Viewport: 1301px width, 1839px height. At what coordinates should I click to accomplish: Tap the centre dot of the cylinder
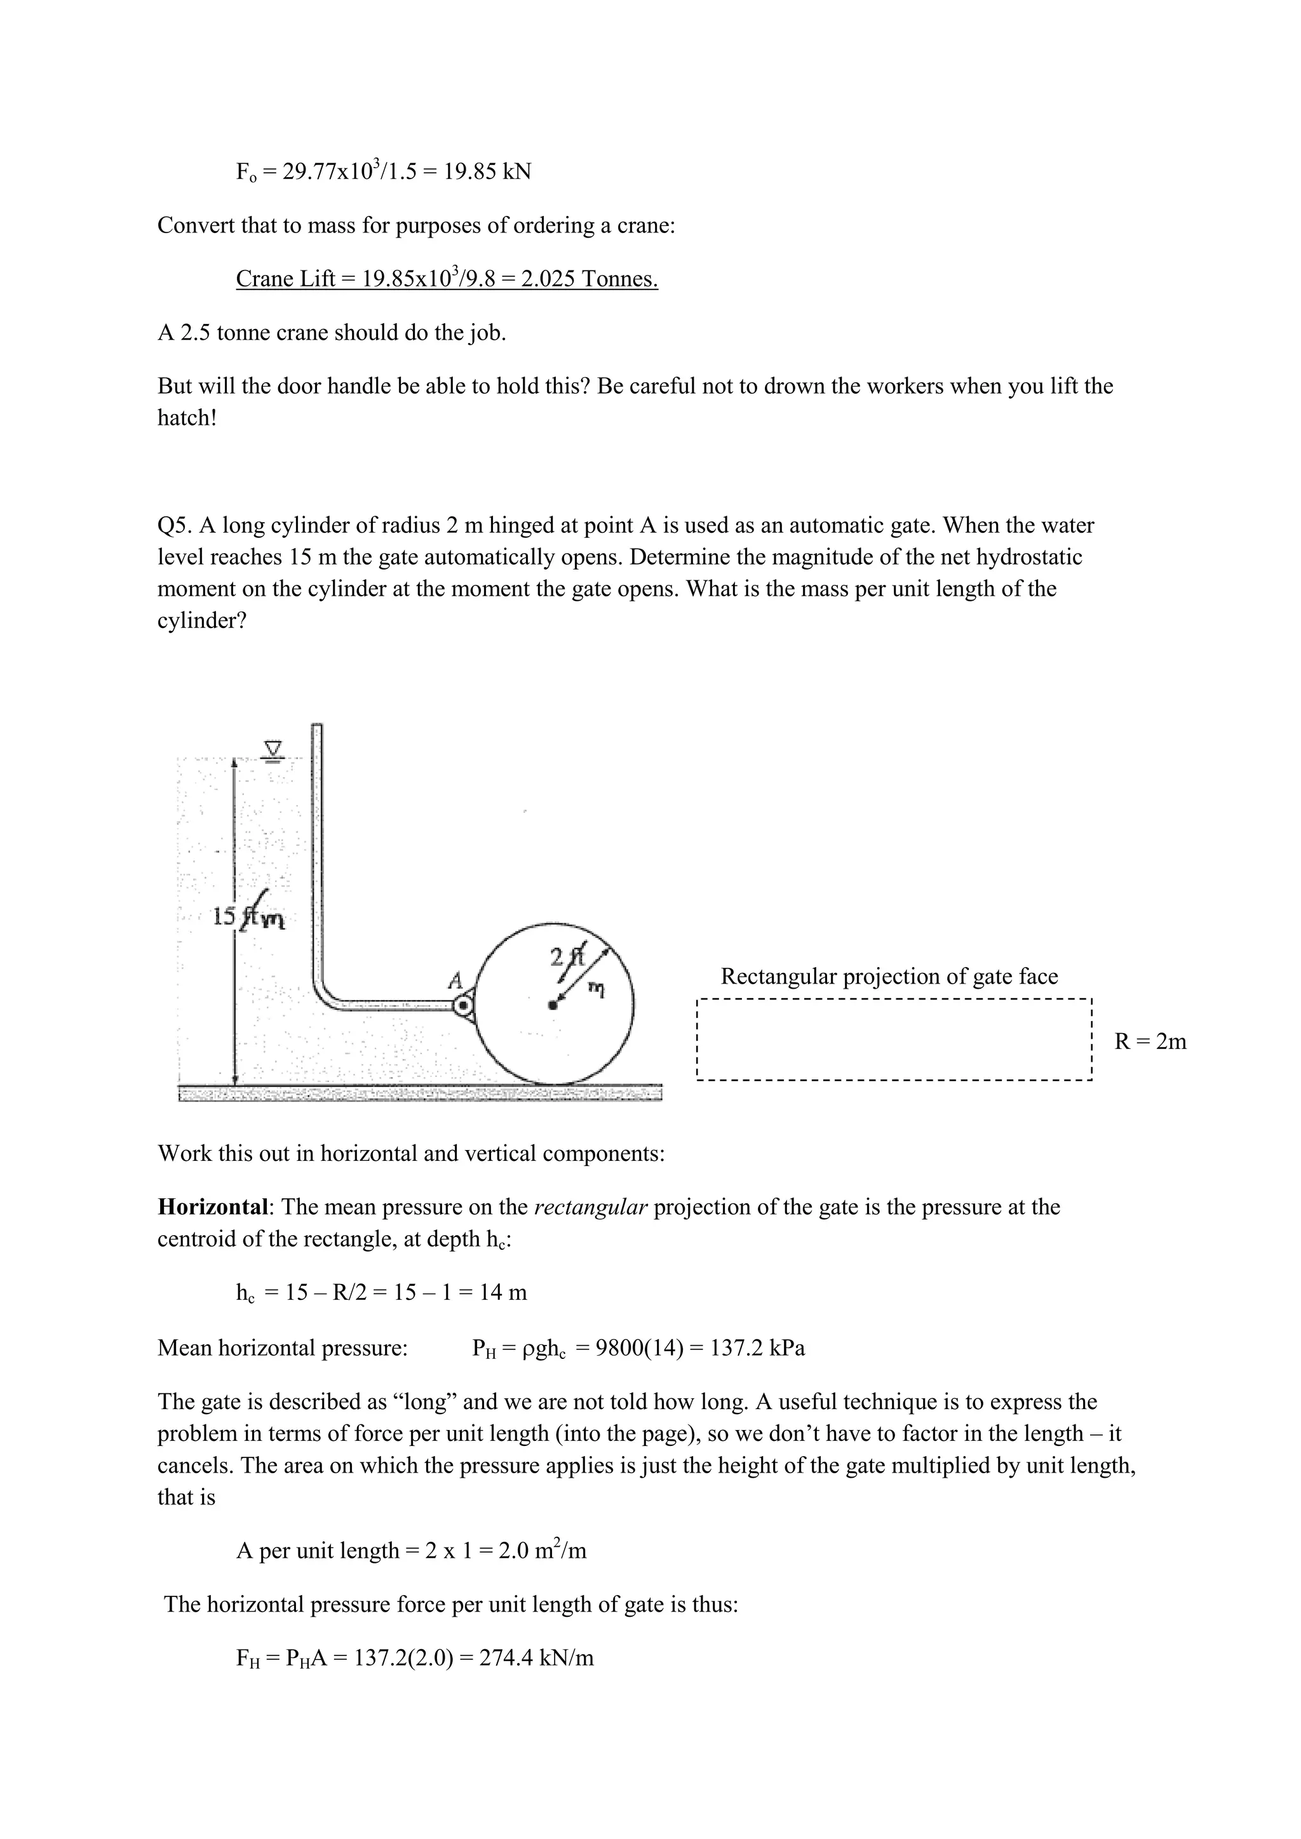click(x=552, y=1005)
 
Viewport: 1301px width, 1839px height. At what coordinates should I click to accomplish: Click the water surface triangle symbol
click(x=275, y=749)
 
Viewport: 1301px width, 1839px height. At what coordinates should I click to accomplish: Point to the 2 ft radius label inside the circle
click(x=568, y=956)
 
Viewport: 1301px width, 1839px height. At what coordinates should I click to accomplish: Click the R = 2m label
click(x=1150, y=1041)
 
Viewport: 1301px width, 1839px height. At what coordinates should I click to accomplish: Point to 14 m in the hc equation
click(x=503, y=1292)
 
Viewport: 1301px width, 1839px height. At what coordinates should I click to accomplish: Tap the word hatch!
click(x=187, y=418)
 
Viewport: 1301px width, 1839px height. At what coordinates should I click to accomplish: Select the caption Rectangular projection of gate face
click(x=889, y=977)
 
